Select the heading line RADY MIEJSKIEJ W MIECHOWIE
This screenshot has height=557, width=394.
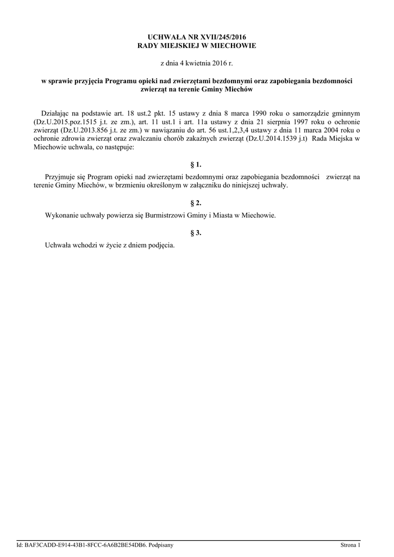pyautogui.click(x=197, y=46)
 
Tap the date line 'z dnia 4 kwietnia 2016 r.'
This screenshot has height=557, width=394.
pyautogui.click(x=196, y=63)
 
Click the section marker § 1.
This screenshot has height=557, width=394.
pyautogui.click(x=196, y=164)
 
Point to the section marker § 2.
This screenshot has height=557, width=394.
pyautogui.click(x=196, y=202)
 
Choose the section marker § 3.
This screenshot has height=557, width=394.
pyautogui.click(x=196, y=233)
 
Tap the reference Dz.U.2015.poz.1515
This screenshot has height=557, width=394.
pyautogui.click(x=65, y=122)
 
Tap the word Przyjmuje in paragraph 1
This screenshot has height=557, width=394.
pyautogui.click(x=59, y=177)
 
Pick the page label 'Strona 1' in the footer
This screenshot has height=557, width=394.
pyautogui.click(x=350, y=544)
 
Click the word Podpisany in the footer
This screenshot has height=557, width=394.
pyautogui.click(x=160, y=544)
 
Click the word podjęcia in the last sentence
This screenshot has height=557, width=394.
pyautogui.click(x=161, y=245)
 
